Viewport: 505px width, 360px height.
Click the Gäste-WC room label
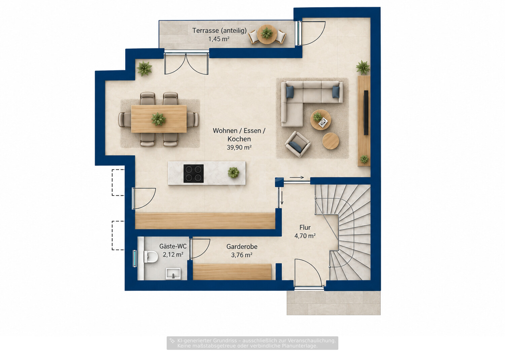pyautogui.click(x=173, y=246)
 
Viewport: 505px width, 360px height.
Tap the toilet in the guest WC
pyautogui.click(x=151, y=257)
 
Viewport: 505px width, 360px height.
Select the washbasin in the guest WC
pyautogui.click(x=173, y=274)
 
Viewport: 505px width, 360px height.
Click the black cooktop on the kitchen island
pyautogui.click(x=194, y=174)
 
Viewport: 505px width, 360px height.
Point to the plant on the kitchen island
pyautogui.click(x=233, y=173)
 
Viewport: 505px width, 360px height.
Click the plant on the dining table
pyautogui.click(x=159, y=119)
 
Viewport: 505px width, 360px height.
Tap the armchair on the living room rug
pyautogui.click(x=298, y=144)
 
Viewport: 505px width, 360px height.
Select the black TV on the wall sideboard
pyautogui.click(x=366, y=113)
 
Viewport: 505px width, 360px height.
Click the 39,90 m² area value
pyautogui.click(x=239, y=147)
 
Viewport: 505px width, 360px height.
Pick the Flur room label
pyautogui.click(x=305, y=227)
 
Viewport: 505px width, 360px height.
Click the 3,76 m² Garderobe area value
pyautogui.click(x=242, y=255)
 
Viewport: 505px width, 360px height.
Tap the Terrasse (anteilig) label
pyautogui.click(x=220, y=31)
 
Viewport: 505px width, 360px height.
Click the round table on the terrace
pyautogui.click(x=267, y=34)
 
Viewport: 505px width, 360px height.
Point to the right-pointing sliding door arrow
pyautogui.click(x=297, y=178)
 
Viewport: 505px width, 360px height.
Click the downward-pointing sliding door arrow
pyautogui.click(x=282, y=198)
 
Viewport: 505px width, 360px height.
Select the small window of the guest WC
pyautogui.click(x=135, y=258)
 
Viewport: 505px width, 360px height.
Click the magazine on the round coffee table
pyautogui.click(x=323, y=122)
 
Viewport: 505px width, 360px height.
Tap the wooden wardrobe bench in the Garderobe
pyautogui.click(x=232, y=272)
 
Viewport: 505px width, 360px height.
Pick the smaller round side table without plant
pyautogui.click(x=331, y=141)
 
